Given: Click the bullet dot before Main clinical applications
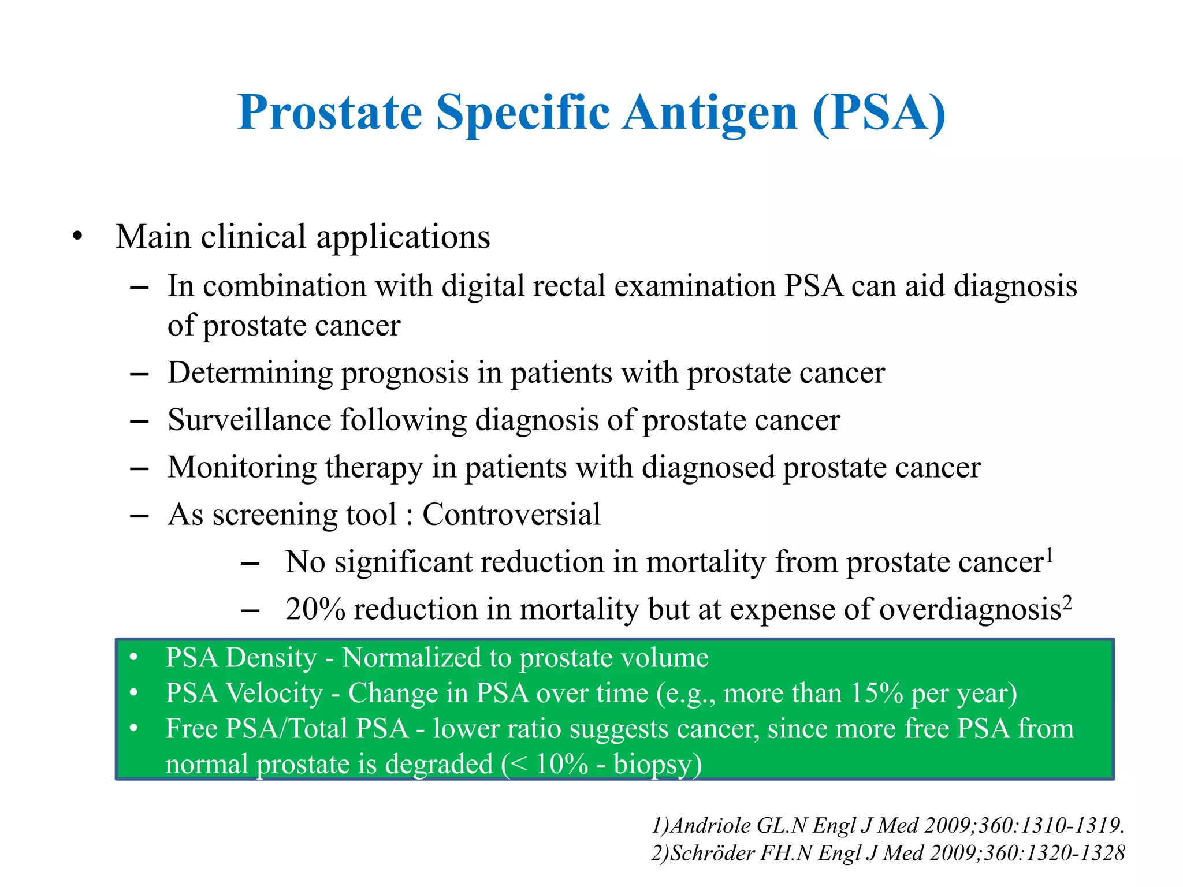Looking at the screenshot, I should [x=77, y=236].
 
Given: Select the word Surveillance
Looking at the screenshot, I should [x=249, y=420].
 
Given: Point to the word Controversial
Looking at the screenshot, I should [x=511, y=515].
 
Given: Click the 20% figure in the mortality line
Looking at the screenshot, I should [x=315, y=609].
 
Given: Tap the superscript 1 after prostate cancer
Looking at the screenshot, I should [x=1050, y=556].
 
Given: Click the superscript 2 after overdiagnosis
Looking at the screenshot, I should [x=1067, y=603].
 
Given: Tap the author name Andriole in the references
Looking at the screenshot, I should [x=710, y=826].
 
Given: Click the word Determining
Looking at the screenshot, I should [x=250, y=373].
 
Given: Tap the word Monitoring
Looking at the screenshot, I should [x=241, y=467].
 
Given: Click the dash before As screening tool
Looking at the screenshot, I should [x=139, y=515].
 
